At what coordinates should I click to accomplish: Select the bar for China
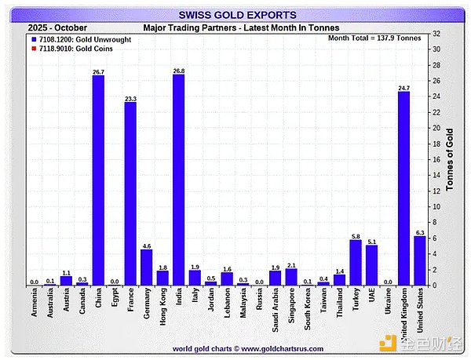[x=98, y=180]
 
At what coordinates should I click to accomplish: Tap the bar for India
[x=178, y=180]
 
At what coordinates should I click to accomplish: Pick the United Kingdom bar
[x=403, y=188]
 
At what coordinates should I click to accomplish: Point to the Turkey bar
[x=356, y=262]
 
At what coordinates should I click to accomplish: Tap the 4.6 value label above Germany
[x=146, y=245]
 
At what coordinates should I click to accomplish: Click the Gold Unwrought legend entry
[x=71, y=38]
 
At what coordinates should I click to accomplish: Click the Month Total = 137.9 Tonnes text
[x=374, y=38]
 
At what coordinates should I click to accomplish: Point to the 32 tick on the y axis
[x=436, y=34]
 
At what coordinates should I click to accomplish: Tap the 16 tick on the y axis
[x=436, y=159]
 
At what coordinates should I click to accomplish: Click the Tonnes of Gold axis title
[x=451, y=160]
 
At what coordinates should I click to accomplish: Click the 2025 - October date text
[x=58, y=27]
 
